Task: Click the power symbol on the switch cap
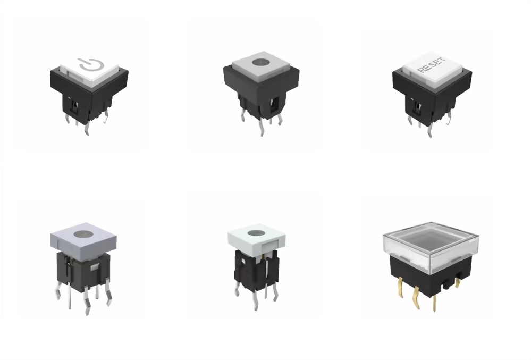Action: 89,65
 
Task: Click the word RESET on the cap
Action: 432,65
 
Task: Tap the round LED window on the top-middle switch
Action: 260,62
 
